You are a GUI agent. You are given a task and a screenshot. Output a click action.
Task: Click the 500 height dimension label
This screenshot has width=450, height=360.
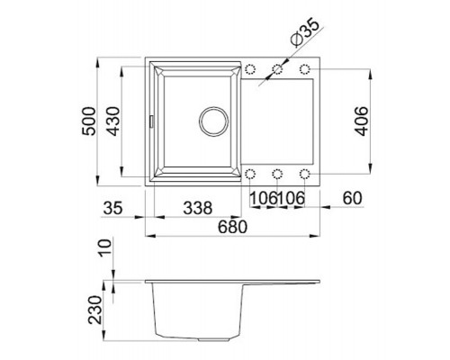point(89,121)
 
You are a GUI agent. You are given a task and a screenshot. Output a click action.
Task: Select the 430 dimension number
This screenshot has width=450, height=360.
point(113,121)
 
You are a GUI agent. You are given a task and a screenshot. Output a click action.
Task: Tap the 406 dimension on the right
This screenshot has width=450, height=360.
point(361,121)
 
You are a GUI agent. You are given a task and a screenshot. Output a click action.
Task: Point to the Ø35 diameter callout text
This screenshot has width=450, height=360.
point(305,32)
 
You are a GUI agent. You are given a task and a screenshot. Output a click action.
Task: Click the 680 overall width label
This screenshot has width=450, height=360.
point(232,227)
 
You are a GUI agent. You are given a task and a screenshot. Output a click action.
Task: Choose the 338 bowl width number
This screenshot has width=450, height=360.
point(198,208)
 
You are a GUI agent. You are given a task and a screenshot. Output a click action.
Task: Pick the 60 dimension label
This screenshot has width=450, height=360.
point(353,198)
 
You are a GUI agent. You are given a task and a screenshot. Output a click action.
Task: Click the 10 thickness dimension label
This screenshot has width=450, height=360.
point(105,247)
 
